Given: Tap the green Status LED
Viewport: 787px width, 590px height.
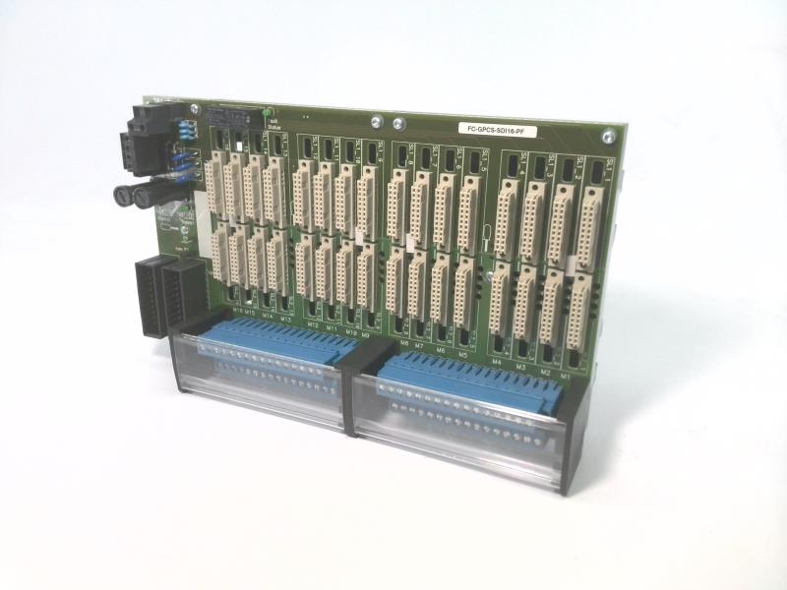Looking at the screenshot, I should (268, 114).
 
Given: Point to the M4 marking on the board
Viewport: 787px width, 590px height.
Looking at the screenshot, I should (497, 362).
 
